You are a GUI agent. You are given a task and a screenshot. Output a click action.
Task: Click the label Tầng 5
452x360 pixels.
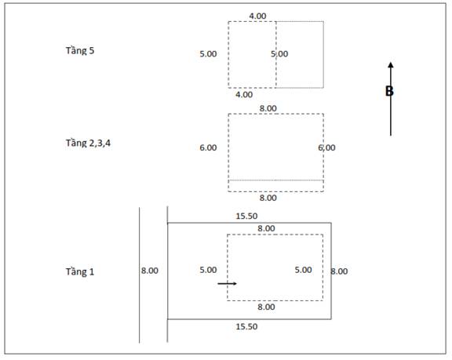[x=80, y=51]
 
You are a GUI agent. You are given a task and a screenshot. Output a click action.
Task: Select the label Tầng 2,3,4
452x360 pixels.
[x=88, y=143]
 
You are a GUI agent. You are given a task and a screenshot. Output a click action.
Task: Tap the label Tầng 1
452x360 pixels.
[x=80, y=272]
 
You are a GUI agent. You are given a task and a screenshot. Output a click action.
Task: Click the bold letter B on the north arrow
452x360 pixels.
[x=389, y=91]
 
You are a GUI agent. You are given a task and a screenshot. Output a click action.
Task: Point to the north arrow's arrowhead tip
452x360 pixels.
[x=391, y=62]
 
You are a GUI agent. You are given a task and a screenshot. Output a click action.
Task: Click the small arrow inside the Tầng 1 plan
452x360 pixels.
[x=227, y=284]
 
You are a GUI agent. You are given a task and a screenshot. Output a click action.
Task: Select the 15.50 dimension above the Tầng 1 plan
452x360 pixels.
[x=246, y=216]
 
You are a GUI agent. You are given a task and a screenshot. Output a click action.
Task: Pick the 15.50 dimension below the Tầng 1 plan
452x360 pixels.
[x=246, y=326]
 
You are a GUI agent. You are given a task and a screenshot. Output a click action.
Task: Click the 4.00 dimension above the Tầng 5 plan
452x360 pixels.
[x=257, y=16]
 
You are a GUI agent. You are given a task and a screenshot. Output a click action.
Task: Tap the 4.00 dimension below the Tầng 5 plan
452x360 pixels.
[x=244, y=95]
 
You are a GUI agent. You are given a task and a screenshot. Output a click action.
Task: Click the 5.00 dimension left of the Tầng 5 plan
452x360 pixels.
[x=208, y=54]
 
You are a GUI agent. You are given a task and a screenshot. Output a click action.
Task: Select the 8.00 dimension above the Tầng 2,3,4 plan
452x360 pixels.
[x=268, y=108]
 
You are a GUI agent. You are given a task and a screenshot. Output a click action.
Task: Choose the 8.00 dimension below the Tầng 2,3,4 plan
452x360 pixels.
[x=268, y=198]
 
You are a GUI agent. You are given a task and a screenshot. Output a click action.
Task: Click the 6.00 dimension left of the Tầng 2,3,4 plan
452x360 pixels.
[x=208, y=147]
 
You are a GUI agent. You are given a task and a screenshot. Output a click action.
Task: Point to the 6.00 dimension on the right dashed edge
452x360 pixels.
[x=326, y=147]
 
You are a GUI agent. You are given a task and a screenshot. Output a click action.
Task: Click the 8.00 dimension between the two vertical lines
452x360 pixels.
[x=150, y=271]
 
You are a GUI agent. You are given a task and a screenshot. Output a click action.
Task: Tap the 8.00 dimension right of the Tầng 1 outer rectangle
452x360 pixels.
[x=339, y=271]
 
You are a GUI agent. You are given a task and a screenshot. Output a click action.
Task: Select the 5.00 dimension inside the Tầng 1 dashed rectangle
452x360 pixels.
[x=303, y=270]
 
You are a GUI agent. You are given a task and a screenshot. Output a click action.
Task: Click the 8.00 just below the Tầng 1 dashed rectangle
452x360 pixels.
[x=266, y=307]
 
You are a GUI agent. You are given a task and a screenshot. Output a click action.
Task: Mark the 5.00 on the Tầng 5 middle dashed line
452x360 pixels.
[x=279, y=54]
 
